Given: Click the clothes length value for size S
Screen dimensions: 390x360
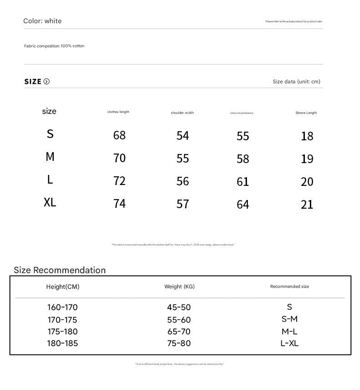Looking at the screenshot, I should click(x=119, y=135).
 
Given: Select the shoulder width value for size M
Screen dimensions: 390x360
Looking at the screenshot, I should click(x=183, y=158).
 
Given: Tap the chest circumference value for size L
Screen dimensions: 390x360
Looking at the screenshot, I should click(x=243, y=181).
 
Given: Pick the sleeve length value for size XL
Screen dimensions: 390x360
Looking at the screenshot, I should click(x=307, y=204).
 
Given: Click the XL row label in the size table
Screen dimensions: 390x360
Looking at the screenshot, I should click(x=50, y=202).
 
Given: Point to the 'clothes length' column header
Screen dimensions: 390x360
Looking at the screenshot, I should click(x=118, y=112).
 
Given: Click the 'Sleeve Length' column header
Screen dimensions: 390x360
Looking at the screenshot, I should click(x=306, y=113).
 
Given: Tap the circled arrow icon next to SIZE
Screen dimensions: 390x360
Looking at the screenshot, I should click(x=46, y=82).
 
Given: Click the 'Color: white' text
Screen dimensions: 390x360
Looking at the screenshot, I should click(x=42, y=21).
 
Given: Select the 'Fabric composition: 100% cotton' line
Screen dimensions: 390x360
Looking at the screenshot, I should click(x=54, y=46).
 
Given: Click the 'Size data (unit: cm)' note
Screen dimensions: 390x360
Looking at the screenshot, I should click(x=296, y=82).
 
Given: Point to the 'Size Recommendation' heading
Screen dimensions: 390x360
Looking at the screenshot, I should click(x=60, y=270).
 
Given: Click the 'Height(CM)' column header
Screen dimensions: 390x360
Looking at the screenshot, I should click(x=62, y=287).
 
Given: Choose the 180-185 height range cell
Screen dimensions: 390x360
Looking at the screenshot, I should click(x=62, y=343).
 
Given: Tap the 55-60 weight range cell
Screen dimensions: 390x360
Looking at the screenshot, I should click(x=179, y=320).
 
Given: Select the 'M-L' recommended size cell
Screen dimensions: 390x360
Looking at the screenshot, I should click(x=289, y=331).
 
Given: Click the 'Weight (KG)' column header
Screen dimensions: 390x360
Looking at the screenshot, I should click(x=180, y=287).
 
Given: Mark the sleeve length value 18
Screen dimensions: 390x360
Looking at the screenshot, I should click(x=307, y=136).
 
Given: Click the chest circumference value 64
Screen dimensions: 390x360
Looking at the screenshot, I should click(x=243, y=204).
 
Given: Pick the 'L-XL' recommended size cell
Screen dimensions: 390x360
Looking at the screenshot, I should click(x=289, y=343).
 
